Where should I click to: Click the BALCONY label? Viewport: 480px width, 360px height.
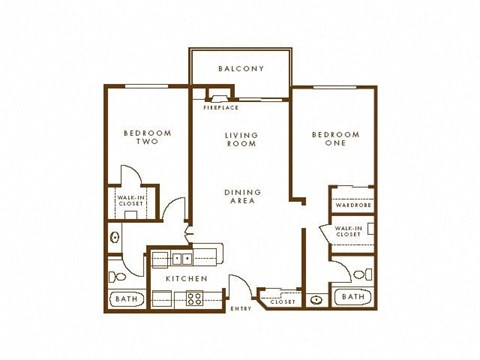pos(240,69)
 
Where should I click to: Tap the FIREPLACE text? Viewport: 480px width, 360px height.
pos(220,106)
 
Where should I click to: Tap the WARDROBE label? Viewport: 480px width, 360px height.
pos(353,207)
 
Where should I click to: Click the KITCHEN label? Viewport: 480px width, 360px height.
pos(187,278)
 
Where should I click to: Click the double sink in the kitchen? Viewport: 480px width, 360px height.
pos(181,258)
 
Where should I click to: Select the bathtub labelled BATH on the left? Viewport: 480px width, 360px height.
pos(126,298)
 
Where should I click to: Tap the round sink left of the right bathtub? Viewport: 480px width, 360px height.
pos(315,298)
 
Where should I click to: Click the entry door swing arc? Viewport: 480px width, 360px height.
pos(238,284)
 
